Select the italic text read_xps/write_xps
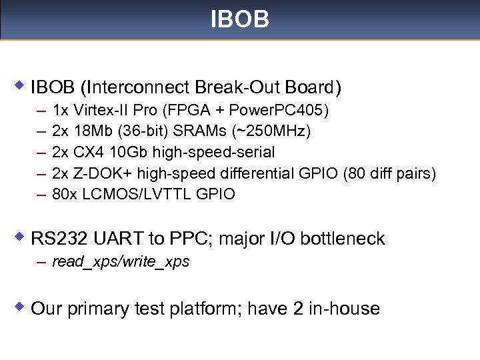coord(121,262)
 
